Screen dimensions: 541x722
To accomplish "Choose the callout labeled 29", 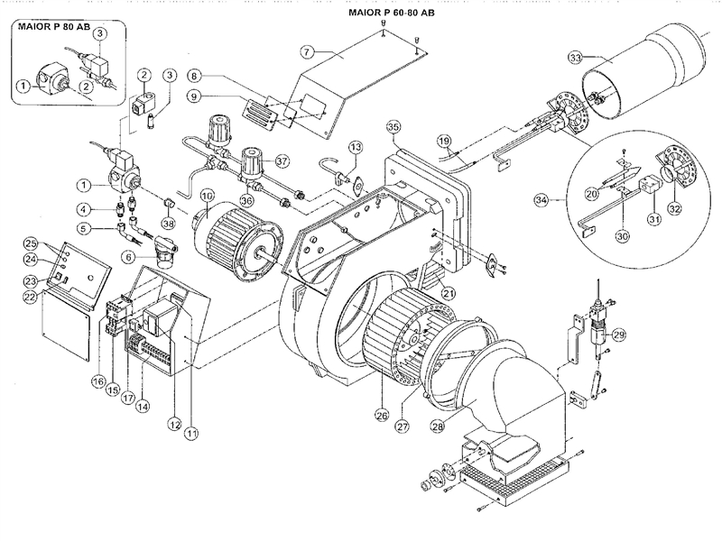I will tap(618, 335).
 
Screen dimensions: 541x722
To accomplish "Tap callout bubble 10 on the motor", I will tap(207, 195).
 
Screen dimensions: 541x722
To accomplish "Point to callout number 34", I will tap(566, 198).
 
